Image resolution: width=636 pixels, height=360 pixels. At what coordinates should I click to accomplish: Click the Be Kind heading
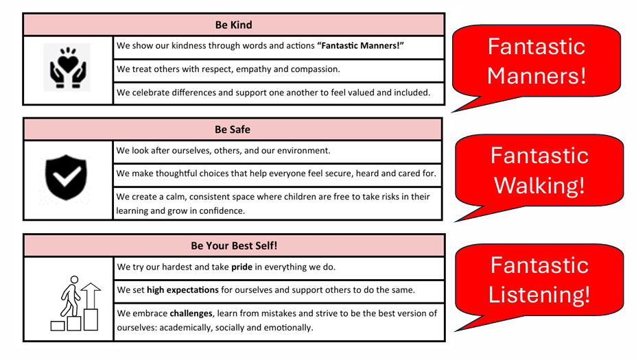tap(234, 25)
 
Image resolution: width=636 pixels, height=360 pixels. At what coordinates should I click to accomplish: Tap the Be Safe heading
tap(233, 130)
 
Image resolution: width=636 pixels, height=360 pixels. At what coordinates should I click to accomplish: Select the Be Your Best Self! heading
tap(234, 245)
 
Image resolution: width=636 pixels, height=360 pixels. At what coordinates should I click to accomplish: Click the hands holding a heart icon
tap(67, 67)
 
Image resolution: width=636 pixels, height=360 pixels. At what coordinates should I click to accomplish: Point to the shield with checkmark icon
tap(66, 177)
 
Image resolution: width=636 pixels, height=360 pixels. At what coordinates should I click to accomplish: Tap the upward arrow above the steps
tap(91, 296)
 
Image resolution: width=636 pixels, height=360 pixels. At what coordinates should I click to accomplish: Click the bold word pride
tap(242, 267)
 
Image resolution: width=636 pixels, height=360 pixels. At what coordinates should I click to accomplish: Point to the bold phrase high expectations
tap(182, 290)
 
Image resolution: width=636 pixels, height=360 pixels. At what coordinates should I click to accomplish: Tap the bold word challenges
tap(191, 314)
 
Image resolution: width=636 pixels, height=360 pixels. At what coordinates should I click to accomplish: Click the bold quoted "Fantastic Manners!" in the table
tap(361, 46)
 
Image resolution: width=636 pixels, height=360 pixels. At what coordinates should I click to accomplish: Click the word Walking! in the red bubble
tap(539, 186)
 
